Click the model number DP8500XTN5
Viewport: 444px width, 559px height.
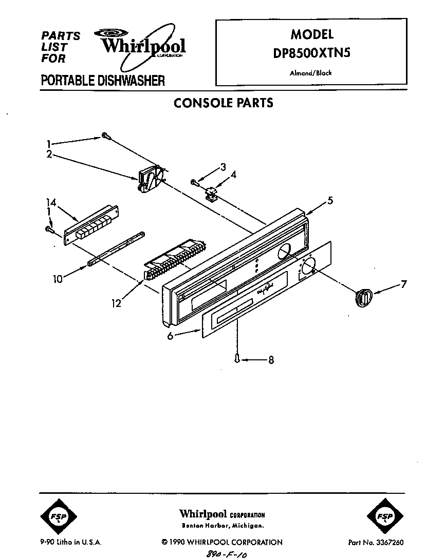[312, 53]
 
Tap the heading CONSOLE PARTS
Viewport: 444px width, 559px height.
[223, 103]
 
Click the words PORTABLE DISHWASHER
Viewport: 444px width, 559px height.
[103, 81]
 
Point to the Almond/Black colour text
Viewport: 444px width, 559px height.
[311, 73]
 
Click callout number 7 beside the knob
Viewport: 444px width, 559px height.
[403, 283]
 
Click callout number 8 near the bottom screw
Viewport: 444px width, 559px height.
[271, 360]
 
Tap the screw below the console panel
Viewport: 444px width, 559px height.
[237, 358]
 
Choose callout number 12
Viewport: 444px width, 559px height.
[117, 304]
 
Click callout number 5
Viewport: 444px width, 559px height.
[330, 201]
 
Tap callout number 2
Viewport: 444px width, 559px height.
[49, 153]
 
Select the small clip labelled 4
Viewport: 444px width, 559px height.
[210, 193]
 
